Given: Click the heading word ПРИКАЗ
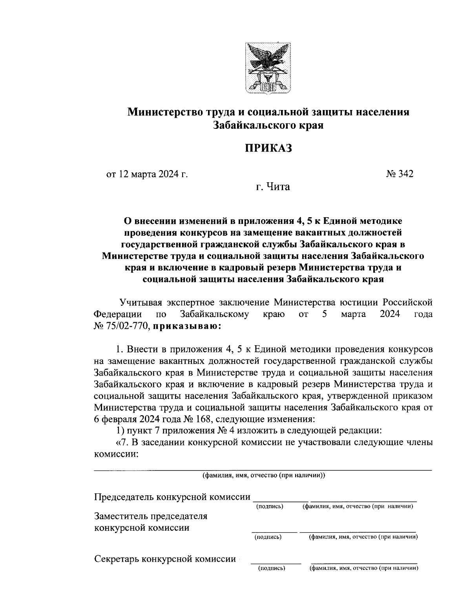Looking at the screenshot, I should (269, 148).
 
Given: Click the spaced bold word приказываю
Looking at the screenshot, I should (187, 326).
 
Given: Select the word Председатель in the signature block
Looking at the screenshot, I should (124, 497).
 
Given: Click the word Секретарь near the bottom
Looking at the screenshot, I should (117, 559).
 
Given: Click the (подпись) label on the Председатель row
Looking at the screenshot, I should (270, 507).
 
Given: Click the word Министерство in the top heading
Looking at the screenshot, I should (163, 112).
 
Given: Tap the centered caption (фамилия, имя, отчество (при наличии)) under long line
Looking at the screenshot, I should (263, 476).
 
